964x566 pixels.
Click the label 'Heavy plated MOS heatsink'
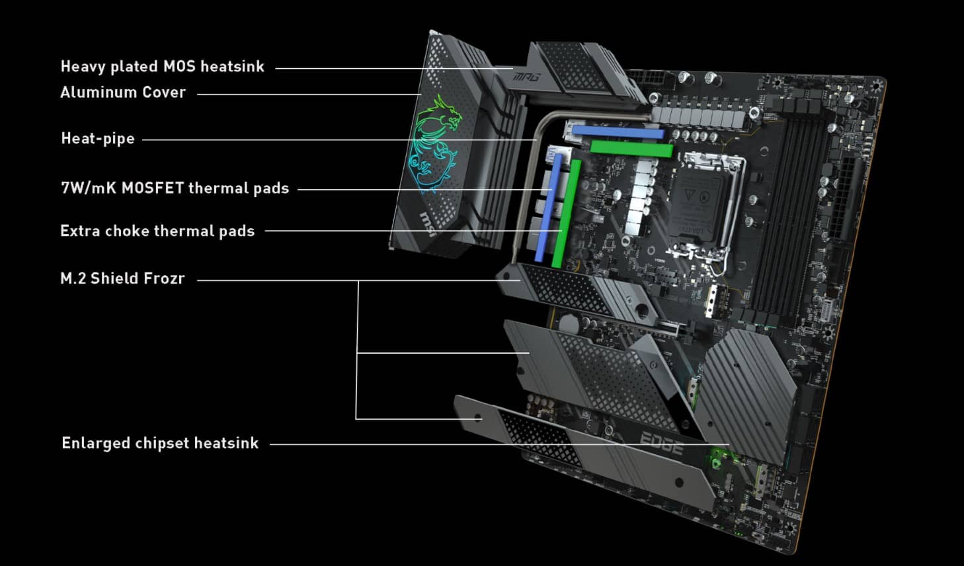[162, 67]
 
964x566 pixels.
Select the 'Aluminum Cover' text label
[123, 93]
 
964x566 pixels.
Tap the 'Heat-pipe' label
[98, 139]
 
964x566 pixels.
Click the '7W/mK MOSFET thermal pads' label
[175, 188]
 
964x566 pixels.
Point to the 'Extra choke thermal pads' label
[157, 231]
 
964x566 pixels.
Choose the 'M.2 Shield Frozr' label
[122, 278]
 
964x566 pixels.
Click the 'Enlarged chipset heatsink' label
[160, 443]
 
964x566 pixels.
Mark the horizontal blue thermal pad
[618, 132]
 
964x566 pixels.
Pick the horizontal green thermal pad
[631, 149]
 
